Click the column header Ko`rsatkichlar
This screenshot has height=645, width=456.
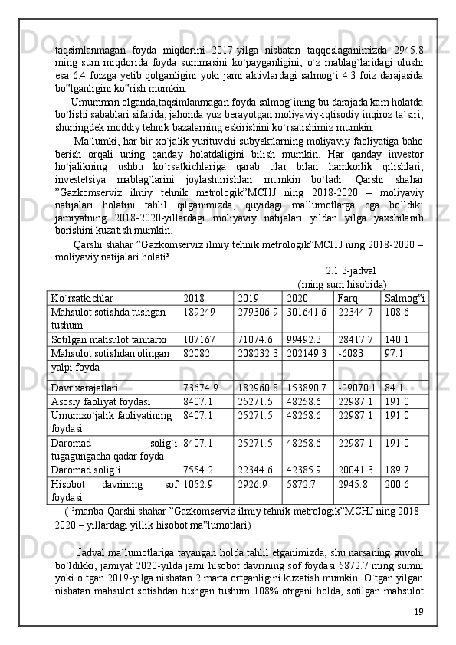point(81,297)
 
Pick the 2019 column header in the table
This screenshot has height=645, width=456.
point(248,297)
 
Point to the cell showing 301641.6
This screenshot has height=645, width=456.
point(306,312)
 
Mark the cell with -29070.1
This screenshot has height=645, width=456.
point(356,386)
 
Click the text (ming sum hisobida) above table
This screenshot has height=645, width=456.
point(341,283)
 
